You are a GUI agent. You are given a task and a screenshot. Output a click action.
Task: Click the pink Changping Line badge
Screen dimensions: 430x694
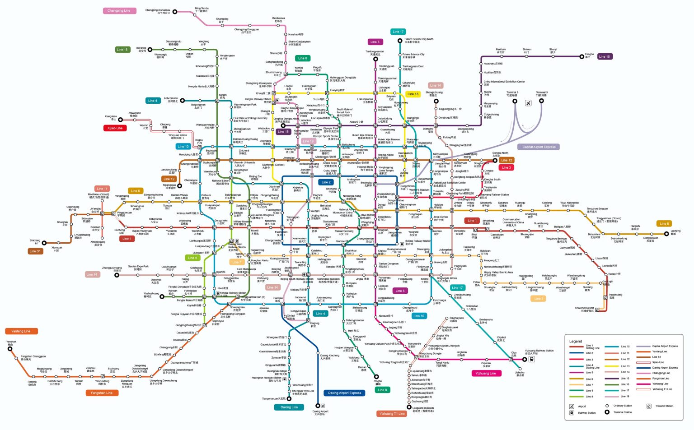119,10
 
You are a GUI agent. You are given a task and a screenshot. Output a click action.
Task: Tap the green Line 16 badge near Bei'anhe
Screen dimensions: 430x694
122,50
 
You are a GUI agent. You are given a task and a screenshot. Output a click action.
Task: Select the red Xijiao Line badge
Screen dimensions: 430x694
115,128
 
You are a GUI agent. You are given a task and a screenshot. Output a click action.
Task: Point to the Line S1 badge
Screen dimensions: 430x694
35,251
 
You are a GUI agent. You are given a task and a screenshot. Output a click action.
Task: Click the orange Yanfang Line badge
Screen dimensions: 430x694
21,331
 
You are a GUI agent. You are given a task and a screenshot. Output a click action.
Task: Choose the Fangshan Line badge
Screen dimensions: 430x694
102,393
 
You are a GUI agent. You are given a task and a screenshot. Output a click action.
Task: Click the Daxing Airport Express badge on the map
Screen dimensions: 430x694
344,393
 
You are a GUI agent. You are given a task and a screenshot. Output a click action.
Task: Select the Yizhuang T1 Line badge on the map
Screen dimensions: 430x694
392,414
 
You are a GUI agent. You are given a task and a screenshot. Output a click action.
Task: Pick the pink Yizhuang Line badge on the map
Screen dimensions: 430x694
486,374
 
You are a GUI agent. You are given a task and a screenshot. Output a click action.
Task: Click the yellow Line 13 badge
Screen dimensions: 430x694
413,94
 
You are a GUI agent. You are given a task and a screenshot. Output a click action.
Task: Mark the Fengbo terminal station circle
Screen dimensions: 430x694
581,57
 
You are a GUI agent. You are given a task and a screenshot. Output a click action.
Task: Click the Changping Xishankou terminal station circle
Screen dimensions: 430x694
175,12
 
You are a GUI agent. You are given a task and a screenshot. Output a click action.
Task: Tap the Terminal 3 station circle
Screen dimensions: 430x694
541,101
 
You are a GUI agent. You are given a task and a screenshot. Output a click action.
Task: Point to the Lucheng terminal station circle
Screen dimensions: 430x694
666,234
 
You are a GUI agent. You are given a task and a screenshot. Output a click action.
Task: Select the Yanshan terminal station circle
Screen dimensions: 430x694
10,349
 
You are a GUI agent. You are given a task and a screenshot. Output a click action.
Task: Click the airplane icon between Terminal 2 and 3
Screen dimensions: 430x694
528,103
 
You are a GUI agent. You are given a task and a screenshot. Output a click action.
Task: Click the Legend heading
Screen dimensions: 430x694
575,341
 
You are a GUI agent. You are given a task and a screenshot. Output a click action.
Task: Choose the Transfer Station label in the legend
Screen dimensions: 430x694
664,406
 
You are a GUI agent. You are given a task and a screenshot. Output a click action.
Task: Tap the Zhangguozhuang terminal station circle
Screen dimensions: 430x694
117,275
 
